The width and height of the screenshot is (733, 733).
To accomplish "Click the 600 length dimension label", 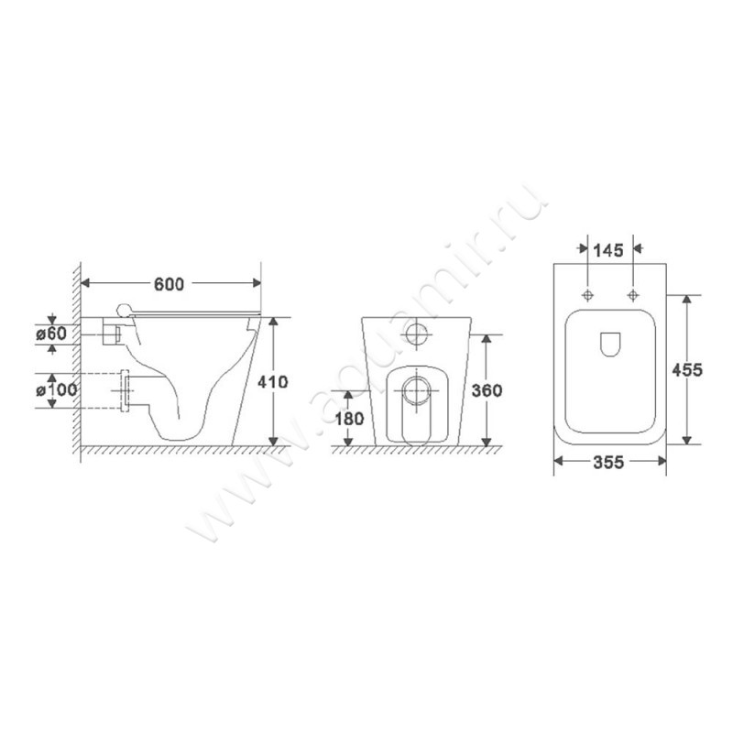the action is click(x=170, y=284).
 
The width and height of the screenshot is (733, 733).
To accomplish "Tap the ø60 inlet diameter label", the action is click(x=51, y=334).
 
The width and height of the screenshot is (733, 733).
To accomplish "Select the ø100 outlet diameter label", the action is click(x=57, y=389).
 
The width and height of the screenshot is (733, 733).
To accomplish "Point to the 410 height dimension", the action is click(x=273, y=382).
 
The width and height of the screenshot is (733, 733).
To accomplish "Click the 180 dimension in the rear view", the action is click(x=349, y=419).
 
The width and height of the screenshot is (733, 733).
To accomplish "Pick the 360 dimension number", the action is click(x=487, y=390).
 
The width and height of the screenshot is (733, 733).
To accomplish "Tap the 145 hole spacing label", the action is click(x=608, y=251).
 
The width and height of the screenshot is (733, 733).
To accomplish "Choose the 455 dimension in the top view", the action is click(x=687, y=370).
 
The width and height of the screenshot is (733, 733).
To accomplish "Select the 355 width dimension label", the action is click(x=608, y=463).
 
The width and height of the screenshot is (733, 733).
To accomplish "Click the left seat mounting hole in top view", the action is click(x=587, y=295).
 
